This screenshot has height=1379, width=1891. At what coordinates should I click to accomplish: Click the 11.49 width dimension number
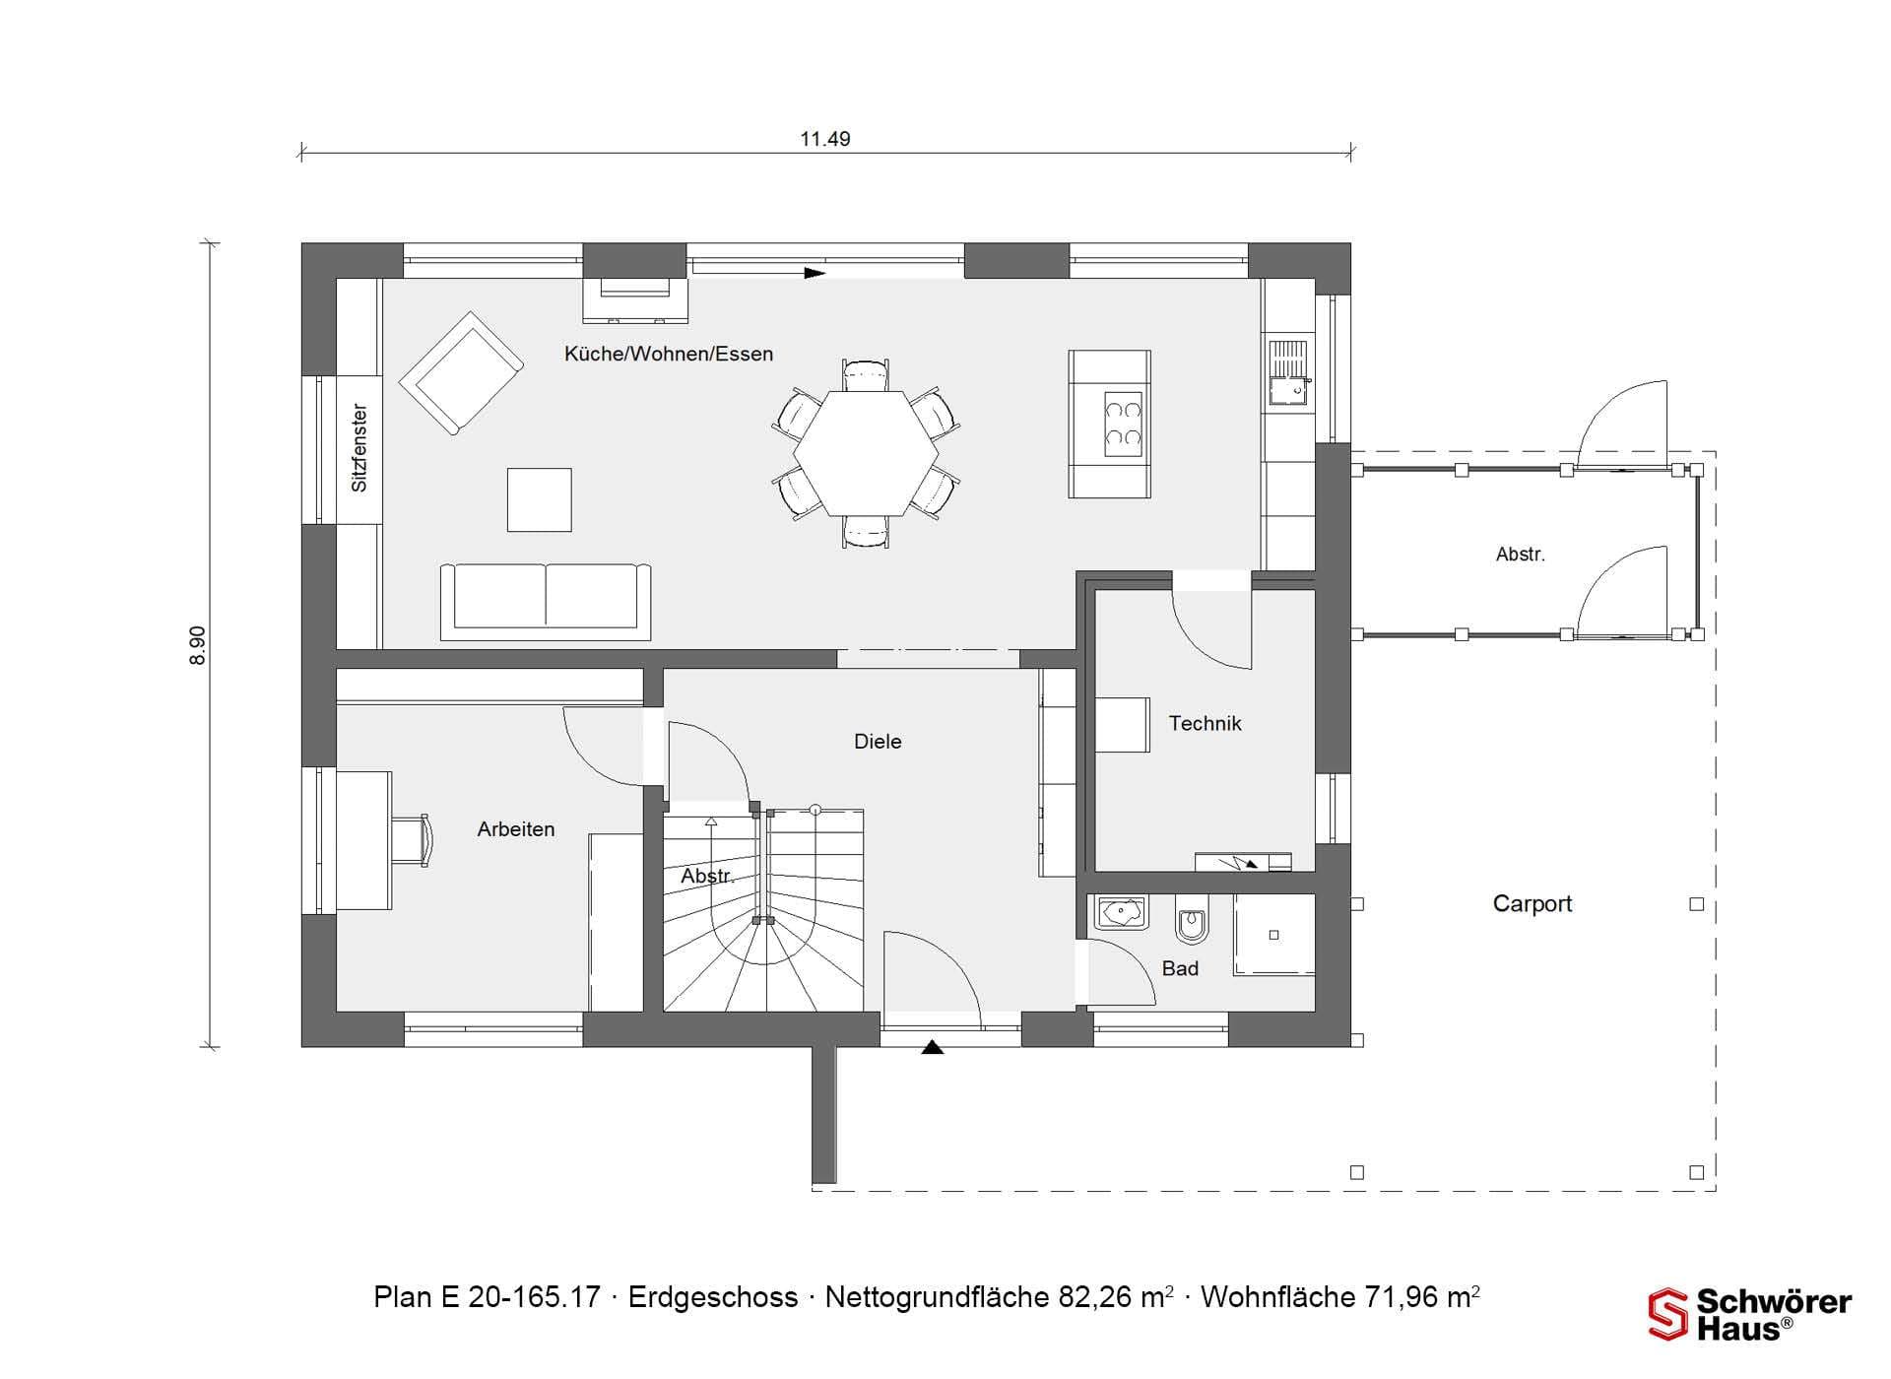[x=824, y=139]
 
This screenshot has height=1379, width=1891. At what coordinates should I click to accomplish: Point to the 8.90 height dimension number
[x=198, y=645]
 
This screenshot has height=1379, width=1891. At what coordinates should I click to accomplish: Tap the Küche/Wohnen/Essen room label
[x=669, y=354]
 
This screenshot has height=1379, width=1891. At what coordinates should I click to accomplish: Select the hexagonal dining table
[x=866, y=453]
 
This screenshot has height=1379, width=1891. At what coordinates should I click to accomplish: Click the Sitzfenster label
[x=359, y=448]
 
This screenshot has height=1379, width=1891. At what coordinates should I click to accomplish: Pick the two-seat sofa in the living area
[x=546, y=597]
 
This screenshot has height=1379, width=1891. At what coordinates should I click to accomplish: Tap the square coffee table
[x=539, y=499]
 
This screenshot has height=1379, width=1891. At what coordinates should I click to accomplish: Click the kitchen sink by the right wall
[x=1287, y=373]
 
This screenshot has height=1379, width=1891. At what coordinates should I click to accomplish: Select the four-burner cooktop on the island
[x=1123, y=425]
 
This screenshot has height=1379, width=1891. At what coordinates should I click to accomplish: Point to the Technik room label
[x=1205, y=724]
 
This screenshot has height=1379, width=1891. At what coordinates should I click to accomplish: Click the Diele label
[x=878, y=742]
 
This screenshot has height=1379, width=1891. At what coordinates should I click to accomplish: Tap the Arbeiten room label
[x=516, y=829]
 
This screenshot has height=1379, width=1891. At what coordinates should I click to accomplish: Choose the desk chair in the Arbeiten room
[x=413, y=840]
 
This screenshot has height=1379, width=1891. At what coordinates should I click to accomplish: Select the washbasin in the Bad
[x=1121, y=913]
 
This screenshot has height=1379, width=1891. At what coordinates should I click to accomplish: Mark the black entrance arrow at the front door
[x=933, y=1047]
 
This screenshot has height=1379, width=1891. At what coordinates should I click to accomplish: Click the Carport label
[x=1532, y=904]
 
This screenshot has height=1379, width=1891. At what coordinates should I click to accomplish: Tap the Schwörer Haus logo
[x=1750, y=1314]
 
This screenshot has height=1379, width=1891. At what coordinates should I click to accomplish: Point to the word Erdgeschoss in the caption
[x=713, y=1297]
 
